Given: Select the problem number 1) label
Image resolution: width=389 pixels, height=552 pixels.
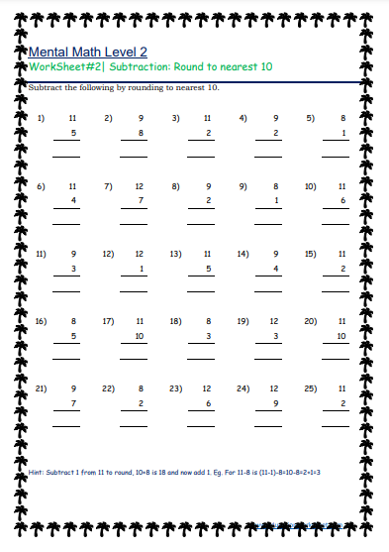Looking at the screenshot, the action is click(x=42, y=118).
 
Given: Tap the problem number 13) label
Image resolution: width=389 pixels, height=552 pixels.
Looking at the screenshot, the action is click(x=176, y=254).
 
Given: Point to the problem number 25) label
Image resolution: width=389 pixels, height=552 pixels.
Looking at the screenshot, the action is click(x=311, y=388).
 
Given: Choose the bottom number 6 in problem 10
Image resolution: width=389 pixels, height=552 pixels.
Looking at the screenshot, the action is click(x=341, y=201).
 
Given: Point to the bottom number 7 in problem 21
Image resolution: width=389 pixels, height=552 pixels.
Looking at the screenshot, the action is click(x=72, y=403).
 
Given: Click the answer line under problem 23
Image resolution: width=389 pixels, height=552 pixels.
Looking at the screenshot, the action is click(x=202, y=426).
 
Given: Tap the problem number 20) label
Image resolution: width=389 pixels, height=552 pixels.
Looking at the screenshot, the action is click(x=311, y=321).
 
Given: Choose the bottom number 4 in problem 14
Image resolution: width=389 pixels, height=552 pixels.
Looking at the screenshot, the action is click(x=275, y=269).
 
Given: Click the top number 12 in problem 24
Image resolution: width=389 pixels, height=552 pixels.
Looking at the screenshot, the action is click(x=274, y=388).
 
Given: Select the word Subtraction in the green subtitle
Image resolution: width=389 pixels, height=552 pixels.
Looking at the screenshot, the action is click(x=136, y=67).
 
